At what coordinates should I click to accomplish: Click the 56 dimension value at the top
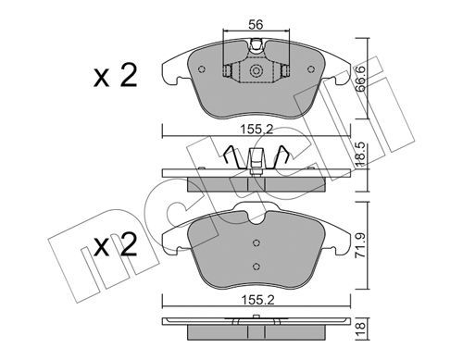pos(256,24)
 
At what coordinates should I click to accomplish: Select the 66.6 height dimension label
pos(360,79)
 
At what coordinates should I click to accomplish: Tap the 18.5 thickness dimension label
pos(360,155)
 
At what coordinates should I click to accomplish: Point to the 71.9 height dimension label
pos(360,245)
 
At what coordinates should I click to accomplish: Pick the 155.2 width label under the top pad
pos(257,130)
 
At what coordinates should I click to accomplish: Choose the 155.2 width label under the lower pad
pos(257,300)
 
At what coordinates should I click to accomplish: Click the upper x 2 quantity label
pos(115,76)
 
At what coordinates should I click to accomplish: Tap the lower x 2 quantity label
pos(115,244)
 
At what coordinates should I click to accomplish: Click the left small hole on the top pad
pos(202,69)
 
